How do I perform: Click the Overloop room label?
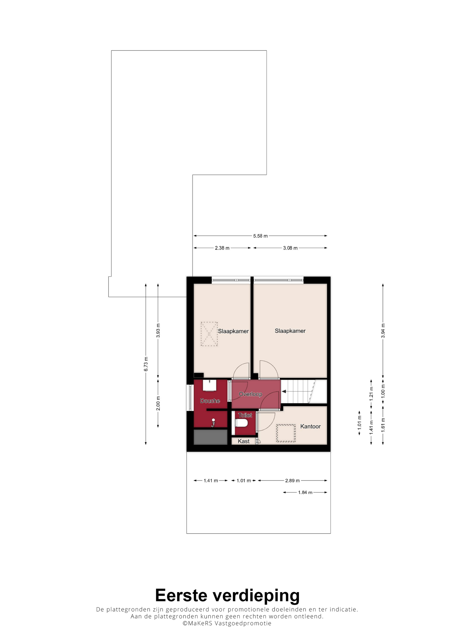point(250,394)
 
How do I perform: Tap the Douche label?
point(210,401)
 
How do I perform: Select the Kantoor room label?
point(310,426)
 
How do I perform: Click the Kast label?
point(243,441)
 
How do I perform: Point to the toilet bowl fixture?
point(241,423)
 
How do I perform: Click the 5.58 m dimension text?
point(260,236)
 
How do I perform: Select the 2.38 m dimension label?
point(222,248)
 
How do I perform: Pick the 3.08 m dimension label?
point(290,248)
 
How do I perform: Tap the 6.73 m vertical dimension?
point(146,364)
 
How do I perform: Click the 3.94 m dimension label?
point(383,330)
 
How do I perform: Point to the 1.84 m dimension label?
point(305,492)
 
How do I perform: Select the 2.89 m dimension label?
point(292,481)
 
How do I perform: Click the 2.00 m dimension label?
point(158,403)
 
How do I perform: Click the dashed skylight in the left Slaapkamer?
point(209,334)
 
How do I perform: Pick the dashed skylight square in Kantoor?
point(286,433)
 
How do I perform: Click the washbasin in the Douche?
point(210,385)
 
